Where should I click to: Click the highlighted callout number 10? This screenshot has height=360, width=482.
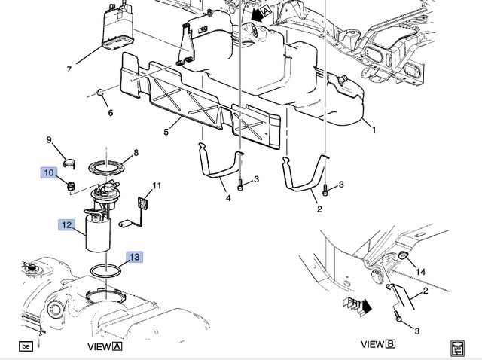tap(48, 172)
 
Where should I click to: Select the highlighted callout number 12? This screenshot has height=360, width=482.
tap(67, 224)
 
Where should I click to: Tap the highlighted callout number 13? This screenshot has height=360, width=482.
tap(133, 258)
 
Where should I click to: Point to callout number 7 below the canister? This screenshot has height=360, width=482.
tap(69, 69)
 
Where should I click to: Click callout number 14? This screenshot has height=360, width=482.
tap(421, 271)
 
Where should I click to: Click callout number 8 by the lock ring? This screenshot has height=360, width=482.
tap(136, 153)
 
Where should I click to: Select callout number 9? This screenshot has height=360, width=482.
tap(49, 140)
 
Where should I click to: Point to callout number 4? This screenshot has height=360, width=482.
tap(227, 198)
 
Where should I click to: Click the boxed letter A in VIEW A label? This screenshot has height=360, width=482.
tap(117, 346)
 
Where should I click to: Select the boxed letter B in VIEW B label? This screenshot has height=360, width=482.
tap(390, 344)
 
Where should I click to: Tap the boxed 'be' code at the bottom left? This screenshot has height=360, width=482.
tap(26, 346)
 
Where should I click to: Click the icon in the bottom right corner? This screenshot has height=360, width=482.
tap(456, 348)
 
